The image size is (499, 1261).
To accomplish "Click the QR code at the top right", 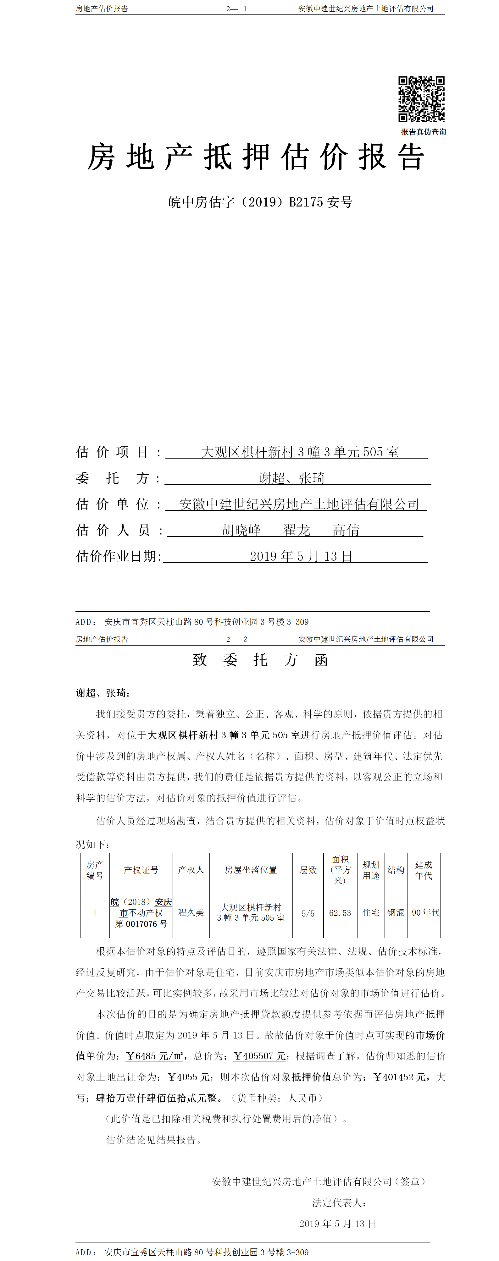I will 421,99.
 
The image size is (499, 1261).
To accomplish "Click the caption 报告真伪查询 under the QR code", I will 423,132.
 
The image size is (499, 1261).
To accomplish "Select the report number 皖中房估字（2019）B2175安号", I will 260,202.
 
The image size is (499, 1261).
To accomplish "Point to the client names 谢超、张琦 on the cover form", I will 292,478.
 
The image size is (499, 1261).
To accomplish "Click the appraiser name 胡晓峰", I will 241,530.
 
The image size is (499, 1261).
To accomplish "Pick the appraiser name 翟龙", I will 297,530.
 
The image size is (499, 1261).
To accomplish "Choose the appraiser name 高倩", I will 346,530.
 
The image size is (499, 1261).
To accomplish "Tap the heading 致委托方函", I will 260,660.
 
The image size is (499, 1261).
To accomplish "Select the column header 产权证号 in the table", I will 141,870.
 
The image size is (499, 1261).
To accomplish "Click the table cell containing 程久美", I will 191,912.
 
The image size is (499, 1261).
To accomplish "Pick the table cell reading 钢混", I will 396,912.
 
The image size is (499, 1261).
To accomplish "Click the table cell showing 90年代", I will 425,912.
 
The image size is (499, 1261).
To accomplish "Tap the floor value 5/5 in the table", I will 308,913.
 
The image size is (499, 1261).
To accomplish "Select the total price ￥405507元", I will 259,1056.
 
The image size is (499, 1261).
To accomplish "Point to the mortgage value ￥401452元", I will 399,1077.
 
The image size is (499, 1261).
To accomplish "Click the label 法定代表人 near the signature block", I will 339,1202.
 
